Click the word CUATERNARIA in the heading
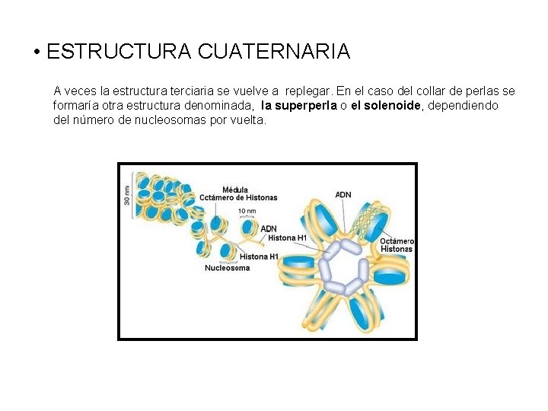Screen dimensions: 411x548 coord(273,52)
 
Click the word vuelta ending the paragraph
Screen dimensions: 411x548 coord(248,120)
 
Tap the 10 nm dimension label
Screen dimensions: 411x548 coord(247,211)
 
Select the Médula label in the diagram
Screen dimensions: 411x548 coord(235,190)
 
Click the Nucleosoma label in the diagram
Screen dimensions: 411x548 coord(227,268)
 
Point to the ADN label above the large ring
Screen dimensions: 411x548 coord(343,194)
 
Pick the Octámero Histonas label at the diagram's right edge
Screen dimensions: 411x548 coord(397,245)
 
